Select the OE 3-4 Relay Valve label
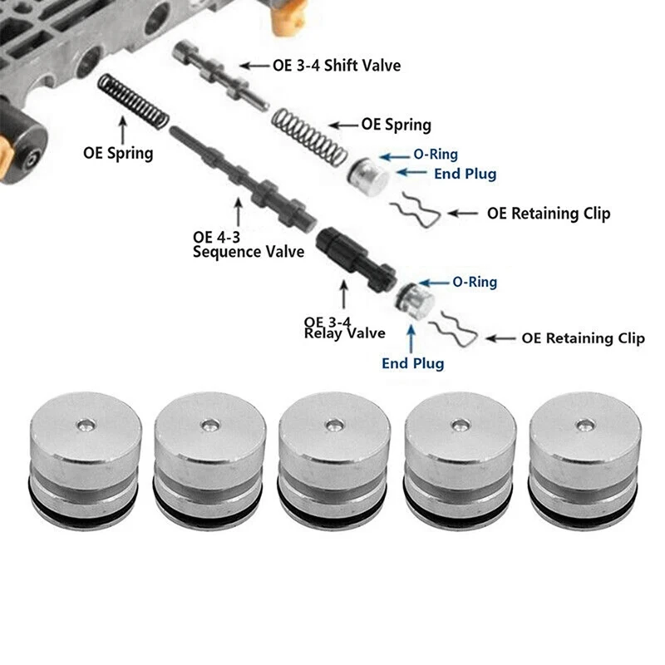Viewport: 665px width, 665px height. pos(344,328)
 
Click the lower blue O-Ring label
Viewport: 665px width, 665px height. pos(475,283)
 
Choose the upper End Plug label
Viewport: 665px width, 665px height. pos(465,174)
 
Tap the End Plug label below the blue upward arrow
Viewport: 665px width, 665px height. pos(413,363)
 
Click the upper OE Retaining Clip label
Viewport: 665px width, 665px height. pos(549,214)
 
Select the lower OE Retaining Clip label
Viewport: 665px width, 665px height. pos(584,338)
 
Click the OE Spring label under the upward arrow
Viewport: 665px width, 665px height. pos(118,153)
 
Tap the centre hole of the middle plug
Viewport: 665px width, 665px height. pos(332,426)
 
